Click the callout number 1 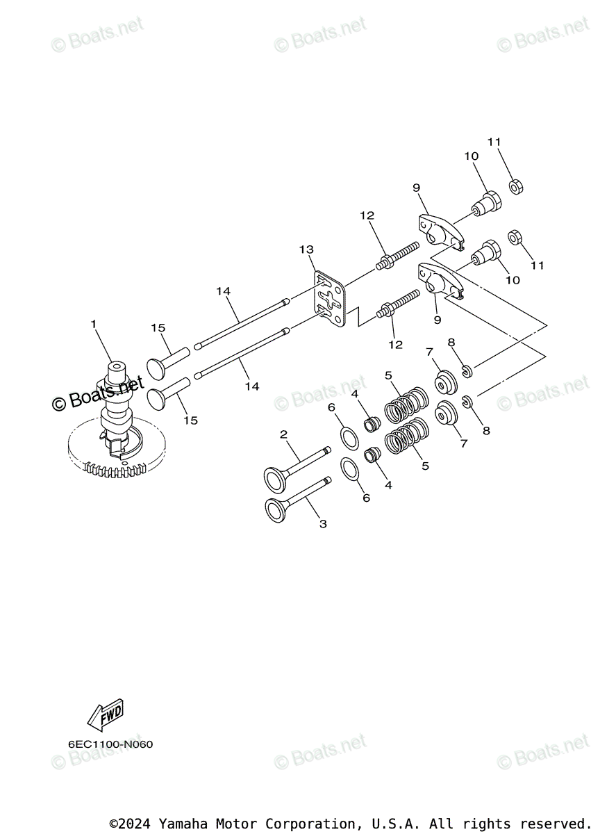point(92,324)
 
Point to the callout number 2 point(283,434)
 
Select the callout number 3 point(323,523)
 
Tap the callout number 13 point(306,249)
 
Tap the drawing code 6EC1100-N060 point(110,744)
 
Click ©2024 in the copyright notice point(131,824)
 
